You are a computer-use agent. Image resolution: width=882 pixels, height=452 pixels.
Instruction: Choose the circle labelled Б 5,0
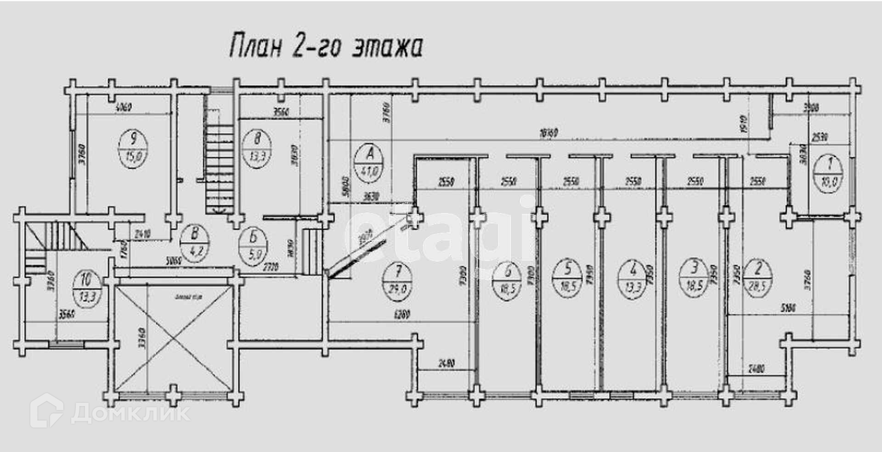click(x=253, y=246)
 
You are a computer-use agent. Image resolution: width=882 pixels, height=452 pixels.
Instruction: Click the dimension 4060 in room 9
click(x=124, y=107)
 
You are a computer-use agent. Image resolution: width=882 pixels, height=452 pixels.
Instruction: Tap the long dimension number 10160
click(x=548, y=133)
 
